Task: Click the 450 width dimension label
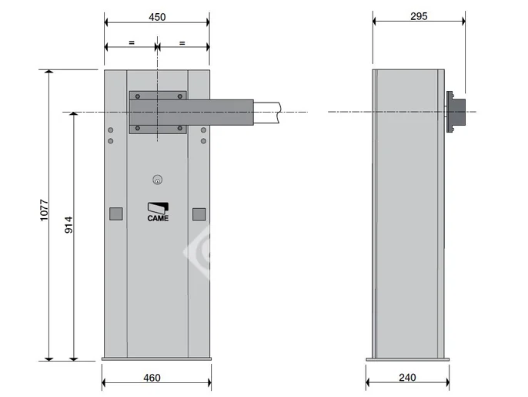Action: pyautogui.click(x=157, y=17)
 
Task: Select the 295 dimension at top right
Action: pyautogui.click(x=419, y=16)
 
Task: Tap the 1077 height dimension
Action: pyautogui.click(x=45, y=210)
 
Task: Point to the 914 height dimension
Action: pyautogui.click(x=69, y=225)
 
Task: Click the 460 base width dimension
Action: pyautogui.click(x=152, y=378)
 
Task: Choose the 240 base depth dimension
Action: pyautogui.click(x=407, y=378)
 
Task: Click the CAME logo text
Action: pyautogui.click(x=158, y=218)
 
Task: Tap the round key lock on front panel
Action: pyautogui.click(x=157, y=180)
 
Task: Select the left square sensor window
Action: pyautogui.click(x=115, y=214)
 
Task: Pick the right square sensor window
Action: pyautogui.click(x=199, y=214)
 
